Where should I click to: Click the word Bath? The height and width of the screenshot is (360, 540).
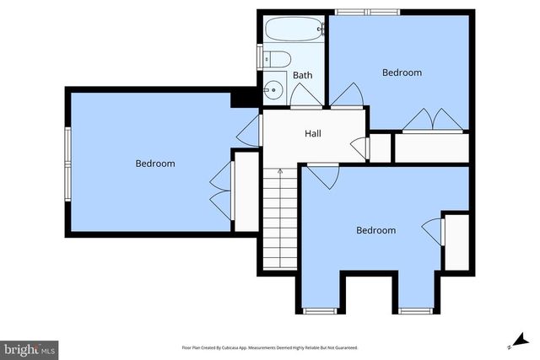click(x=302, y=76)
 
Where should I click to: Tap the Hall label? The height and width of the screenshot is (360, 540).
click(x=312, y=133)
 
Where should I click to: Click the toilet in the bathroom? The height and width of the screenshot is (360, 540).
click(x=277, y=58)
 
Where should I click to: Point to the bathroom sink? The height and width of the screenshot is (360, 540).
click(x=273, y=87)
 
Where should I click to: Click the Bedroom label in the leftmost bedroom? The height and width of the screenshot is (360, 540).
click(x=155, y=164)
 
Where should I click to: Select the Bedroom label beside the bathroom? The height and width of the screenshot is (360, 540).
click(x=402, y=73)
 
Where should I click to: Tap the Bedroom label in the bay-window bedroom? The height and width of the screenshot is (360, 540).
click(x=375, y=230)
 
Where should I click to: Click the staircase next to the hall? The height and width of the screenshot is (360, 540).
click(x=280, y=215)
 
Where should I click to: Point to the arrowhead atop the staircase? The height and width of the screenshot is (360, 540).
click(x=280, y=171)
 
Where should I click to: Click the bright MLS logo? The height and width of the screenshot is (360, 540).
click(x=30, y=348)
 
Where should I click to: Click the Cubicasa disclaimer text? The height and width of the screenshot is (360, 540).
click(x=269, y=347)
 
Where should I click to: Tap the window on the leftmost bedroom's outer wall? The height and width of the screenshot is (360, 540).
click(x=67, y=162)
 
